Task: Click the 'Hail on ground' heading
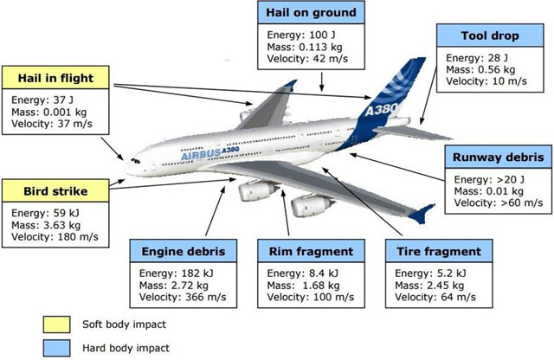pos(311,12)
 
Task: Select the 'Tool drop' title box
pos(490,35)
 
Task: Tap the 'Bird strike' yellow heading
pos(55,190)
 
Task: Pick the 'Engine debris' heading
pos(184,251)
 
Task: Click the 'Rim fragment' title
pos(311,251)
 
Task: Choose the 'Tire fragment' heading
pos(439,251)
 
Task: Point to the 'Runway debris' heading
pos(499,157)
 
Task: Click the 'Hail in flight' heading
pos(55,77)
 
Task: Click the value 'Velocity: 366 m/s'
pos(183,297)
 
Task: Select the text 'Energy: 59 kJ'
pos(45,213)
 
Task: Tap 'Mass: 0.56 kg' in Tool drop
pos(480,69)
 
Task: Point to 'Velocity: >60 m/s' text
pos(499,202)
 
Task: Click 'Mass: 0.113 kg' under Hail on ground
pos(305,47)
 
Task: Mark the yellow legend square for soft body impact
pos(56,325)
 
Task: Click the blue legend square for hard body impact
pos(56,348)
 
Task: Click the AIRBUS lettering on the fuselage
pos(200,155)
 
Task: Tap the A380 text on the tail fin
pos(381,109)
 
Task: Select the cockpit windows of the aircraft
pos(136,161)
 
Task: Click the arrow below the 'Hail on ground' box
pos(321,81)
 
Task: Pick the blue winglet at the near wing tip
pos(422,214)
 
